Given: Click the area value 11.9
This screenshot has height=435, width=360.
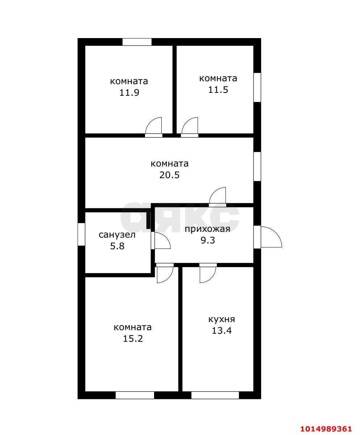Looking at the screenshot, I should click(x=129, y=93).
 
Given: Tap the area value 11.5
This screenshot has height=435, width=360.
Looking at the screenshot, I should click(x=218, y=90).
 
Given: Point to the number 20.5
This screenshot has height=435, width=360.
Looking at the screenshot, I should click(x=170, y=175).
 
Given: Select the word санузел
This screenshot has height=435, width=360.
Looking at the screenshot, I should click(x=117, y=235).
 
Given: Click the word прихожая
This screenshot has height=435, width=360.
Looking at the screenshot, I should click(x=207, y=229).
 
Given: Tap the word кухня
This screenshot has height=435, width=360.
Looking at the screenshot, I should click(x=222, y=319).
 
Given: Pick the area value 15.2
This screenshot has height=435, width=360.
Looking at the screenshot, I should click(x=133, y=339).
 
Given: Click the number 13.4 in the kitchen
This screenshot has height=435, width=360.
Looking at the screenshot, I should click(x=222, y=331).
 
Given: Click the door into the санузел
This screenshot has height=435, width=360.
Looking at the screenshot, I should click(x=161, y=241).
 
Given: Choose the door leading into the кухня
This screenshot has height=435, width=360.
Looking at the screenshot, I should click(x=208, y=273).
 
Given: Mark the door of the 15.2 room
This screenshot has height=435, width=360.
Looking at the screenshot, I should click(x=165, y=273).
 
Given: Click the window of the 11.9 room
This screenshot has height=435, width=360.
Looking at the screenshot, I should click(x=137, y=42).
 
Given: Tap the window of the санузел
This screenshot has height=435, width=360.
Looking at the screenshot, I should click(x=81, y=234).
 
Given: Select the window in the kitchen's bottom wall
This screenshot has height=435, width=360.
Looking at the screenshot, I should click(x=215, y=395).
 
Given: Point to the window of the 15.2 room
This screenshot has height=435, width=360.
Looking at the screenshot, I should click(x=135, y=395).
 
